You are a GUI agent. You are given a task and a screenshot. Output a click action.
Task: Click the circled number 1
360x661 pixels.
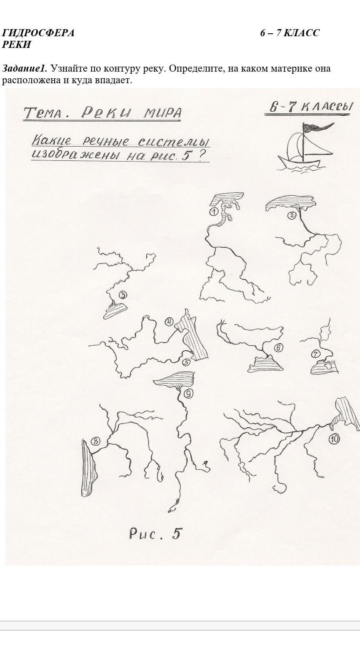[213, 212]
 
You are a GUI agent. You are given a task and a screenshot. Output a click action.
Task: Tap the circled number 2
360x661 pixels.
[292, 215]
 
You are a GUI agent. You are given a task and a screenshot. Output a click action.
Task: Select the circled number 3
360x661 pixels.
[122, 294]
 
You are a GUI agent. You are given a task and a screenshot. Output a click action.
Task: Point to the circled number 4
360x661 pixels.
[170, 322]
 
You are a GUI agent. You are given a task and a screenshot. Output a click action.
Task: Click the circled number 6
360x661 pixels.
[279, 348]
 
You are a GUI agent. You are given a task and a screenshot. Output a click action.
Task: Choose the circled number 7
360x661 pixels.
[316, 353]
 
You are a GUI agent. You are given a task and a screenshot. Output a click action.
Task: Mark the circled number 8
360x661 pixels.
[95, 441]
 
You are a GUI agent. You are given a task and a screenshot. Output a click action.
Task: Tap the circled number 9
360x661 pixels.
[188, 393]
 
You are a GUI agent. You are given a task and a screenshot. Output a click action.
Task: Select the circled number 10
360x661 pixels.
[334, 439]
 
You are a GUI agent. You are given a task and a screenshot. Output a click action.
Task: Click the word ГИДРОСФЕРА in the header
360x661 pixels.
[38, 33]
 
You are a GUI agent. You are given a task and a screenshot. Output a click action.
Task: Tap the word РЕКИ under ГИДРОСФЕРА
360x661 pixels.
[17, 45]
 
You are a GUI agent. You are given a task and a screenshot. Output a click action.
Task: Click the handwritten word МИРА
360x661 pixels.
[162, 112]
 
